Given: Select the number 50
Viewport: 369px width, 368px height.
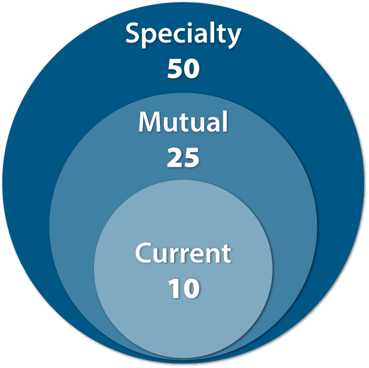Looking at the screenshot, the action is [184, 68].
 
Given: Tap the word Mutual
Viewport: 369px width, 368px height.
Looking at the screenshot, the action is [183, 122].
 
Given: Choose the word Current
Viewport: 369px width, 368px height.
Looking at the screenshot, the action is [183, 253].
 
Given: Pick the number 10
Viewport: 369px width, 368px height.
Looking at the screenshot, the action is [184, 288].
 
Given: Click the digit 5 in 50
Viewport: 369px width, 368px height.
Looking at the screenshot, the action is [175, 68].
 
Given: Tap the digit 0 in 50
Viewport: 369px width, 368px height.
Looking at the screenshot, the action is [192, 68].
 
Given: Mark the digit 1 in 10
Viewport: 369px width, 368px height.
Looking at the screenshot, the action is [175, 288].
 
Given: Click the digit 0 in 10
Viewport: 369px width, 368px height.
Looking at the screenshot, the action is [192, 288].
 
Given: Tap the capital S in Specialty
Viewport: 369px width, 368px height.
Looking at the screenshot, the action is [133, 33].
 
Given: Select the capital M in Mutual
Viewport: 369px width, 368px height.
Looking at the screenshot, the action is [151, 122].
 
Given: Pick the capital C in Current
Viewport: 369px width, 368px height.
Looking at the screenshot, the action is [144, 253].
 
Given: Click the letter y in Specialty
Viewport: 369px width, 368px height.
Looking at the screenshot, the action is [233, 39].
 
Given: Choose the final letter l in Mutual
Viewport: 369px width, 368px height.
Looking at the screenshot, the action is [225, 121].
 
